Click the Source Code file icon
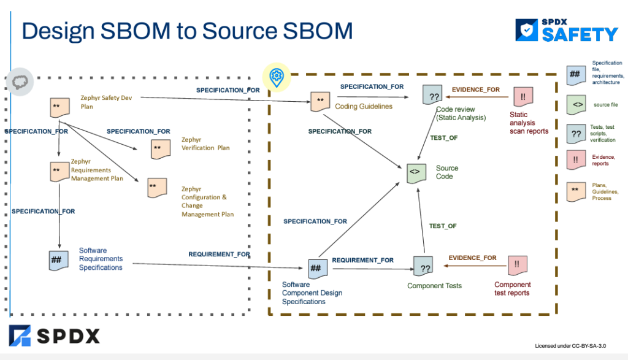tap(415, 173)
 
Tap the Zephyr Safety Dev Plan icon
tap(58, 107)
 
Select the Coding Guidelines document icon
tap(320, 101)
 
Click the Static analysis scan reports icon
tap(523, 96)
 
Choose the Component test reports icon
tap(518, 265)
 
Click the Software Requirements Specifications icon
tap(58, 260)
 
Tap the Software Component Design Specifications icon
tap(317, 267)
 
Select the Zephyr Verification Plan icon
tap(160, 149)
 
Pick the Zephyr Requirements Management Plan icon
tap(58, 171)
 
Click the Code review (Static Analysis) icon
tap(433, 95)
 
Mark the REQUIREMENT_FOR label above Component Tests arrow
tap(362, 260)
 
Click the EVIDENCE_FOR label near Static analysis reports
tap(475, 90)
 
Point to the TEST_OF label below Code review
tap(443, 138)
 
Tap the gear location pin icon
tap(277, 76)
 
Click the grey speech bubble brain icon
tap(18, 81)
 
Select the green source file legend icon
tap(577, 105)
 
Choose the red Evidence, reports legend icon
tap(577, 160)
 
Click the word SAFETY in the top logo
tap(580, 34)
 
